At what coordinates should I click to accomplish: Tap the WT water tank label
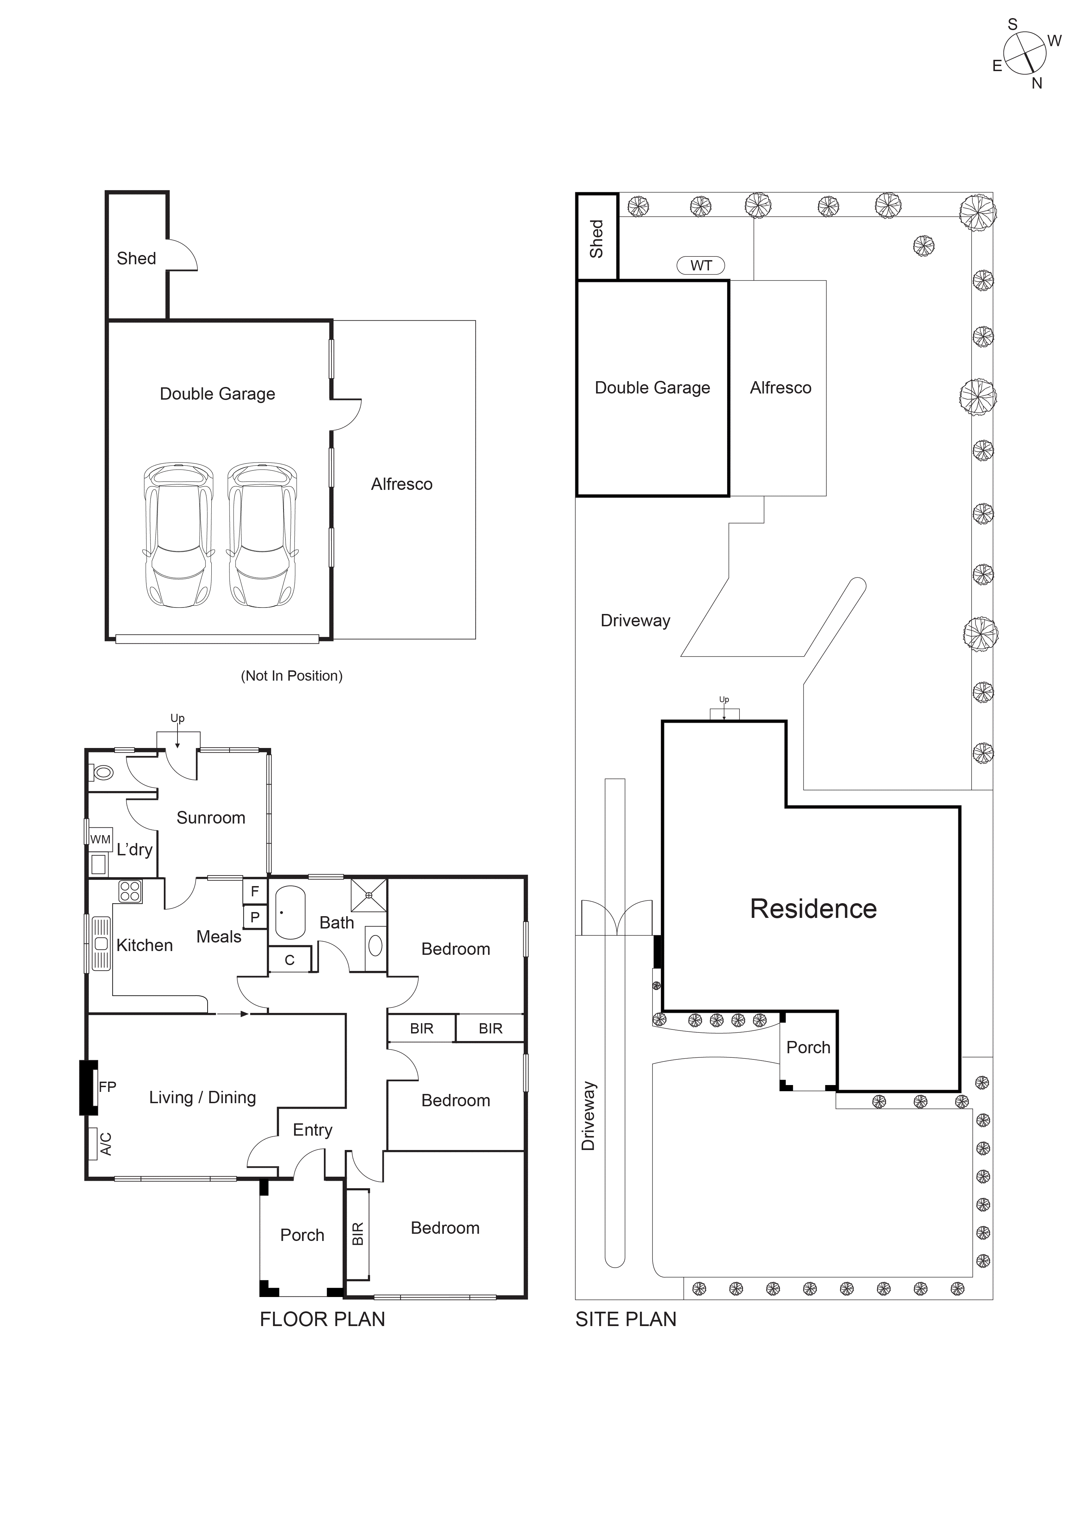(701, 266)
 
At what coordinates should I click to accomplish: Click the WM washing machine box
(100, 840)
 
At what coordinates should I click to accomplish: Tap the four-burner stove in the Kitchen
(130, 892)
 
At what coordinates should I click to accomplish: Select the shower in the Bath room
(369, 895)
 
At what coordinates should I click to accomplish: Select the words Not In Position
(292, 676)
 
